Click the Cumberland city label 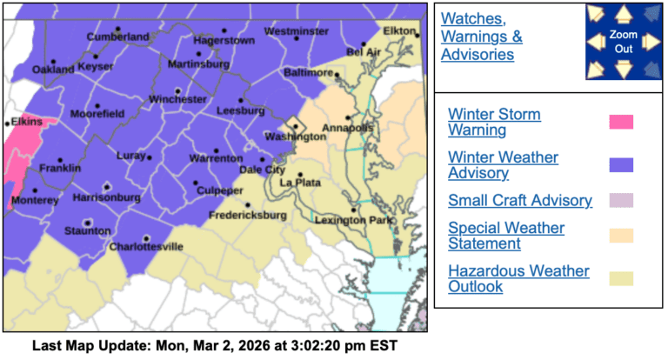coord(117,37)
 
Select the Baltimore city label coord(309,72)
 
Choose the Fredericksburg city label coord(247,215)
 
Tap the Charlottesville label coord(146,247)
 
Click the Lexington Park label coord(353,222)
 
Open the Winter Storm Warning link coord(494,123)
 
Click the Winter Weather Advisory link coord(503,165)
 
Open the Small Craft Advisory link coord(519,201)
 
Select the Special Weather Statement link coord(505,236)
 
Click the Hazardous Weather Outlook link coord(518,279)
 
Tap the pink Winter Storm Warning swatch coord(621,122)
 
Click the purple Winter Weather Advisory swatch coord(621,165)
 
